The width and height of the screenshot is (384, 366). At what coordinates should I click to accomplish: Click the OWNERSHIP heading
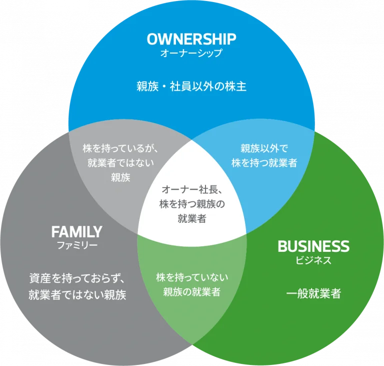191,39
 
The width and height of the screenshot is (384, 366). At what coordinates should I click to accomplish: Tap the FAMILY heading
76,232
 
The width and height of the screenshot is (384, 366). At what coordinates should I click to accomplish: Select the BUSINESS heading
313,246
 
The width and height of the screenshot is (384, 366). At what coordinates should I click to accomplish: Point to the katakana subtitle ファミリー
76,245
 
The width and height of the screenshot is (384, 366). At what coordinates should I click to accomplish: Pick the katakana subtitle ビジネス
313,260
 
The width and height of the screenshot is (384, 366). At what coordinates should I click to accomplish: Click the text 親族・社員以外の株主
191,86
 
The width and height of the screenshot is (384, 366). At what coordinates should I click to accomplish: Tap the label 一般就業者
313,294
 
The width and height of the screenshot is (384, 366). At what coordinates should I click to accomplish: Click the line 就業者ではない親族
77,294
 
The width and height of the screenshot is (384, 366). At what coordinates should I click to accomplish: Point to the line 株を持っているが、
120,148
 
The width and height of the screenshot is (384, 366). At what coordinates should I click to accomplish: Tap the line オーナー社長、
192,190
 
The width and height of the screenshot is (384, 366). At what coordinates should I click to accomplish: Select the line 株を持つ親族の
192,204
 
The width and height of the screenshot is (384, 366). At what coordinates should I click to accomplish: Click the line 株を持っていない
192,277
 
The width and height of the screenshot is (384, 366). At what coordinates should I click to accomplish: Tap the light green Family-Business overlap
192,310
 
